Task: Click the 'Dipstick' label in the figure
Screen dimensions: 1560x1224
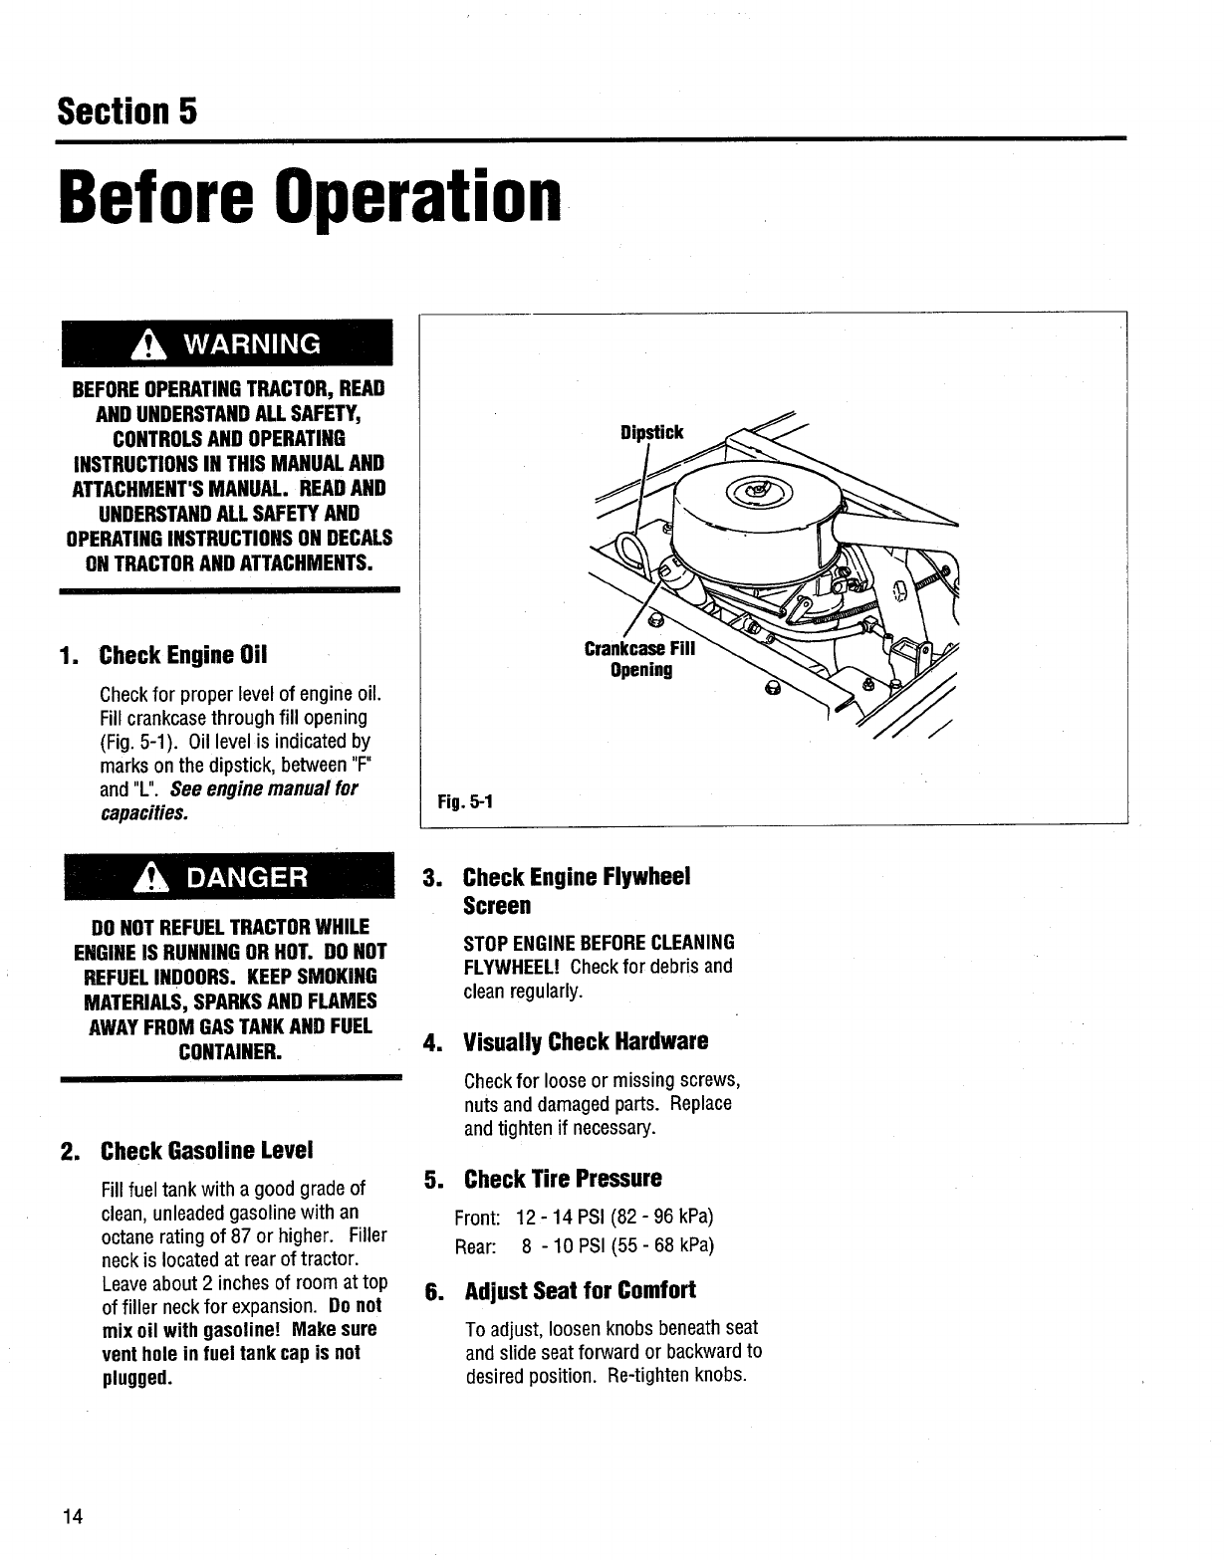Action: [x=651, y=432]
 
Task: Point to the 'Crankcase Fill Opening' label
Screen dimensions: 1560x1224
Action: [x=641, y=660]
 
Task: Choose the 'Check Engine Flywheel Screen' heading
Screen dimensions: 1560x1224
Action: [x=577, y=891]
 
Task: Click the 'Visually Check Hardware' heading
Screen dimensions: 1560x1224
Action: [x=586, y=1042]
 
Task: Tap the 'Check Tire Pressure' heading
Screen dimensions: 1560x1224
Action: [x=562, y=1180]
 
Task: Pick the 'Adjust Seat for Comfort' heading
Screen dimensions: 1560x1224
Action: [x=580, y=1291]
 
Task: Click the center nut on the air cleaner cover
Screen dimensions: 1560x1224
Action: [x=762, y=490]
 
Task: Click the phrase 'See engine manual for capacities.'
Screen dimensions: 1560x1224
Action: [x=229, y=801]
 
